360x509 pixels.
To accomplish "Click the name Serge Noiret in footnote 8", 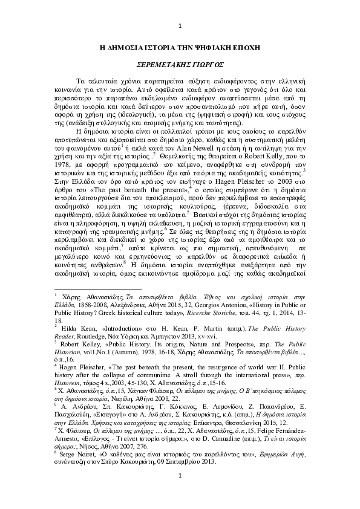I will pos(77,468).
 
